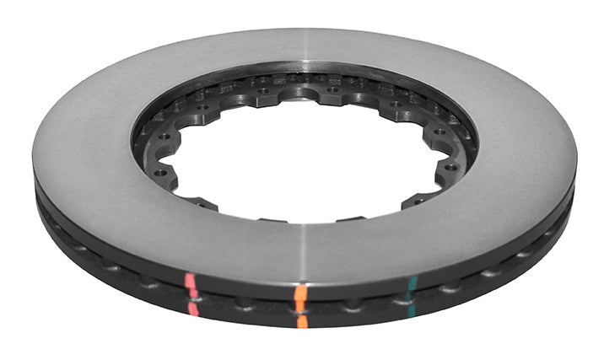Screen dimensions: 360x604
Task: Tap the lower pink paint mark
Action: (194, 309)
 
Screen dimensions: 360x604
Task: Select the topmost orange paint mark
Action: (299, 292)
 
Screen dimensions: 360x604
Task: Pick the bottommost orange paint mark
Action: (302, 321)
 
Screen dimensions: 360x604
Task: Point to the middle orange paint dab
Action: (301, 306)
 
